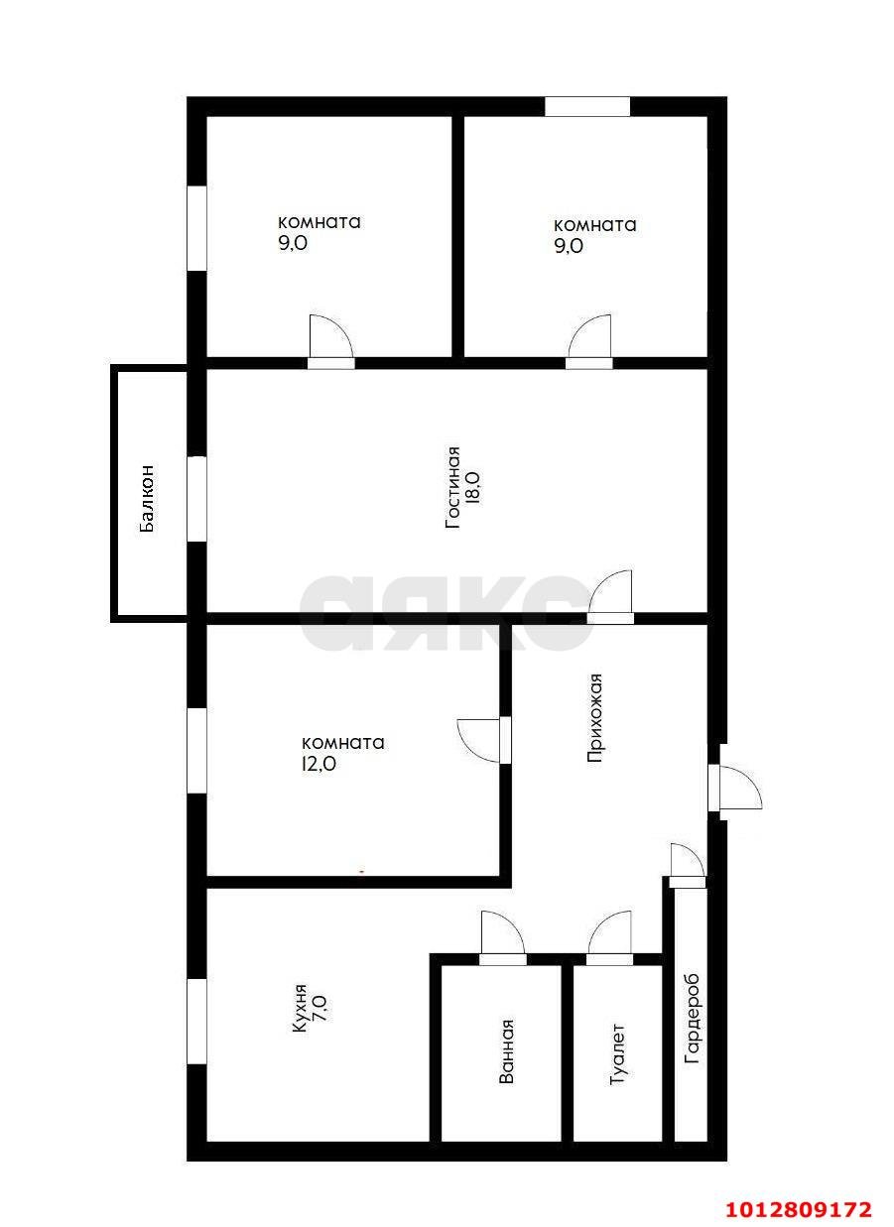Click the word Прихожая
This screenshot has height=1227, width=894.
point(595,717)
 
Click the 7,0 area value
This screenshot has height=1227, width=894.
point(319,1010)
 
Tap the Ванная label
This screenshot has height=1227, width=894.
point(506,1050)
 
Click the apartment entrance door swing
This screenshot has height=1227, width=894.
point(736,790)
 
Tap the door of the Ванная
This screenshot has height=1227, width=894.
point(501,935)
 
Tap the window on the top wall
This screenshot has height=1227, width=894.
point(587,107)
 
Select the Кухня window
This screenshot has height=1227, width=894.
point(196,1021)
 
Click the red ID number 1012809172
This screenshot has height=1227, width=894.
point(800,1209)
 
